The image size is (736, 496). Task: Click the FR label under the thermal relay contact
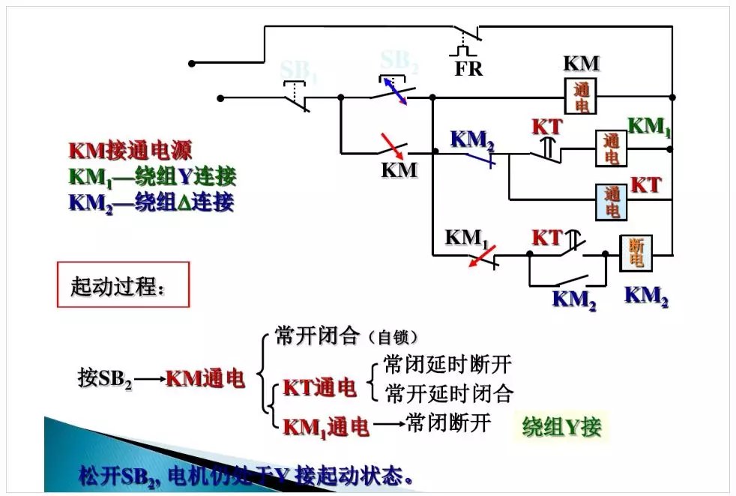[468, 69]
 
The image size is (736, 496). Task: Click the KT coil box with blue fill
[612, 201]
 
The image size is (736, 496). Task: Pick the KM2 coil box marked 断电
[636, 253]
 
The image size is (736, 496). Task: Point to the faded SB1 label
[298, 70]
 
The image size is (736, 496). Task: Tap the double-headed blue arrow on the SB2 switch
[396, 91]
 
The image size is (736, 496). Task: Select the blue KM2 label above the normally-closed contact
[472, 139]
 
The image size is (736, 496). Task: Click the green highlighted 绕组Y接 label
[562, 427]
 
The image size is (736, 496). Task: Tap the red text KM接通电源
[130, 151]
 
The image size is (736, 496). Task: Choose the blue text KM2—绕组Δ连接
[151, 202]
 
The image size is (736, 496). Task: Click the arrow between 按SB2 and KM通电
[149, 379]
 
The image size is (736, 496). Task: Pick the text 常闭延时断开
[447, 365]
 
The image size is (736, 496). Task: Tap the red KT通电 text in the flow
[319, 388]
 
